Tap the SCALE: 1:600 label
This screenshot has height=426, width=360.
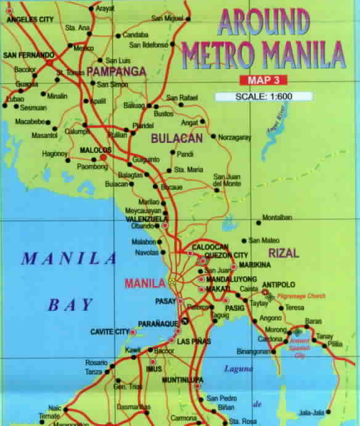click(264, 97)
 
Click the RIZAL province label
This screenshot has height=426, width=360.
click(283, 253)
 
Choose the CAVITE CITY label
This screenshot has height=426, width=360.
click(109, 332)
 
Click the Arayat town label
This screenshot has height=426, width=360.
click(105, 9)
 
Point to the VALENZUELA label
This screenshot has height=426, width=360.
click(142, 219)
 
